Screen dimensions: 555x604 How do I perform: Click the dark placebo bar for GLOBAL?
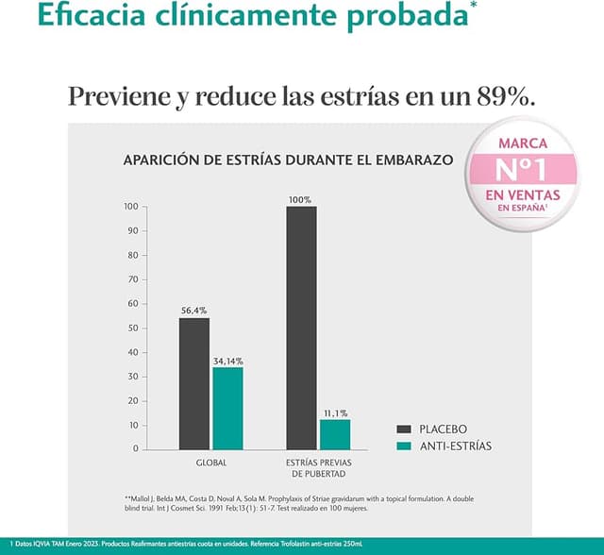[x=194, y=383]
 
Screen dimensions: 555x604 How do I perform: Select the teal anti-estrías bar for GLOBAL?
[x=227, y=407]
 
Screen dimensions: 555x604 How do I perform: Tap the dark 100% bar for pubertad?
[x=301, y=327]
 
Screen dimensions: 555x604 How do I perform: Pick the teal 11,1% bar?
[x=335, y=433]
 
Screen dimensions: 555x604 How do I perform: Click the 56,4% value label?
[x=194, y=310]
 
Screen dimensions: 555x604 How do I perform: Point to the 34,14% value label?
[x=228, y=361]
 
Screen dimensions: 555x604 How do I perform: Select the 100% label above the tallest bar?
[x=301, y=200]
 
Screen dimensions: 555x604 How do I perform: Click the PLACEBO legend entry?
[x=430, y=429]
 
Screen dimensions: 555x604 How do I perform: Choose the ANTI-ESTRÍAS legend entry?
[x=442, y=446]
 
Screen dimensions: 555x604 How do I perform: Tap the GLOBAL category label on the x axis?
[x=211, y=463]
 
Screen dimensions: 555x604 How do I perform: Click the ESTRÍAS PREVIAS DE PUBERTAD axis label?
[x=318, y=468]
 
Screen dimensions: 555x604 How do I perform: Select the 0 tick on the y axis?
[x=135, y=449]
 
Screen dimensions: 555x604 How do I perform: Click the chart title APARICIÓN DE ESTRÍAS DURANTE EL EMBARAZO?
[x=289, y=160]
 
